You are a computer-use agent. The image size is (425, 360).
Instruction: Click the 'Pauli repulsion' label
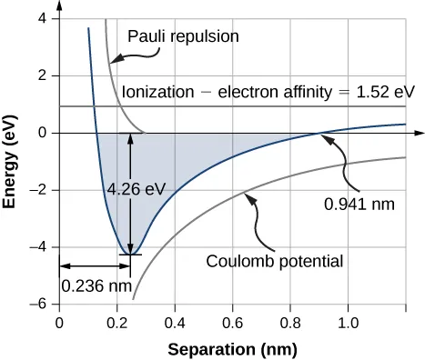183,37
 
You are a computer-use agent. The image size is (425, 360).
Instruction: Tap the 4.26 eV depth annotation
136,189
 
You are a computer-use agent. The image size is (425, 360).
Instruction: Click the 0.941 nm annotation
359,204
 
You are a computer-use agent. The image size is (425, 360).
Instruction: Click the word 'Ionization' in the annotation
155,92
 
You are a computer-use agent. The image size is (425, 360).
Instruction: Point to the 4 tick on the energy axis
43,19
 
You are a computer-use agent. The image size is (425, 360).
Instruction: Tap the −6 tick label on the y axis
38,305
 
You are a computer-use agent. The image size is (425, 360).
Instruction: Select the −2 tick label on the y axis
38,190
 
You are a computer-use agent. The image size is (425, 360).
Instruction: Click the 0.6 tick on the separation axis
232,322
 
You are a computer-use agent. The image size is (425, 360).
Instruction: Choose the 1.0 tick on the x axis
348,322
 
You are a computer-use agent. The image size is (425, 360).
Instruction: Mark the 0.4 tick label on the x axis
175,322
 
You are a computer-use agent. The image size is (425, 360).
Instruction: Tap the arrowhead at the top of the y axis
59,8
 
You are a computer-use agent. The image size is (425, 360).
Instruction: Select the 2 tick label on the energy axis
43,76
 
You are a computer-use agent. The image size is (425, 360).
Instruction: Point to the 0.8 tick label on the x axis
290,322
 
